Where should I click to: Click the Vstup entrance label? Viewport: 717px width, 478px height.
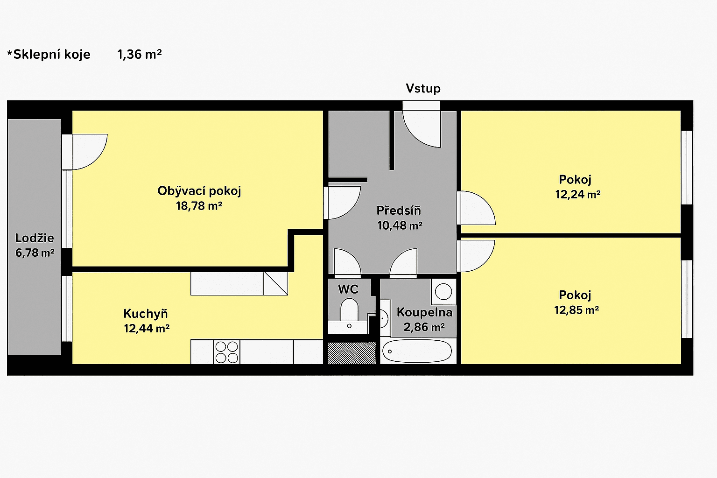tap(423, 88)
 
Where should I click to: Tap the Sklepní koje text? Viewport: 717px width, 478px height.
tap(51, 55)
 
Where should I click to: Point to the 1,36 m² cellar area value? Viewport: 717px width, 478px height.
tap(139, 55)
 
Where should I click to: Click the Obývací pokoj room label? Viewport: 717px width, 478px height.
tap(199, 191)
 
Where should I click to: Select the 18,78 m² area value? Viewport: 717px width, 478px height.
tap(199, 206)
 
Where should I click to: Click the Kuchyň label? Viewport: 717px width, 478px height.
tap(145, 314)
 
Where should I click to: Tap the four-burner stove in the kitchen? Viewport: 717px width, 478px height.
tap(226, 352)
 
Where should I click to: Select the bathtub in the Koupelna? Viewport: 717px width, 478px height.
tap(416, 351)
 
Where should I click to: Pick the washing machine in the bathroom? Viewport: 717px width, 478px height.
tap(443, 292)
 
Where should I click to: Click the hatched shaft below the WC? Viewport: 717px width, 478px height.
tap(351, 353)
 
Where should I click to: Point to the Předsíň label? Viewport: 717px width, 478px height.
tap(399, 211)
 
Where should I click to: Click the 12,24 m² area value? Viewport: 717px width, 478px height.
tap(577, 195)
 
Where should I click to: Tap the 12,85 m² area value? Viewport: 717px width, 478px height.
tap(576, 310)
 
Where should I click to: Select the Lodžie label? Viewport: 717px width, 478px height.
tap(35, 238)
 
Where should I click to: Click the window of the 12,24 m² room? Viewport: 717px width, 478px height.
tap(687, 168)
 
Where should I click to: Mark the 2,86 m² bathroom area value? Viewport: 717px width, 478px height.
tap(424, 327)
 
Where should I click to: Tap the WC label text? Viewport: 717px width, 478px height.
tap(348, 289)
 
